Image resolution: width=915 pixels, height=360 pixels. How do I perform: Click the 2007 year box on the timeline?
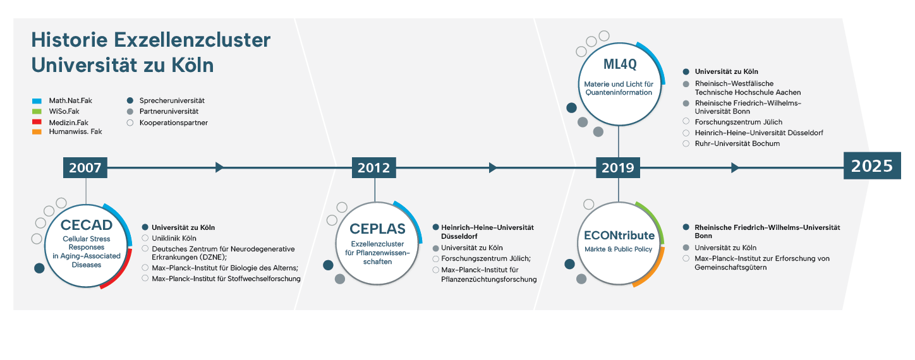(x=85, y=167)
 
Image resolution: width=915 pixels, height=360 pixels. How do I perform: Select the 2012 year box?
(x=373, y=167)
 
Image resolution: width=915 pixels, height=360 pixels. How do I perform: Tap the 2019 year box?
(x=617, y=167)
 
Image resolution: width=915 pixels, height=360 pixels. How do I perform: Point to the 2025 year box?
(x=872, y=165)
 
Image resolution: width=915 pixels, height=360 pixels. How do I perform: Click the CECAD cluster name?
(x=87, y=225)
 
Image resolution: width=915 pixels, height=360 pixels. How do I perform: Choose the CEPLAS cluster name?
(x=377, y=229)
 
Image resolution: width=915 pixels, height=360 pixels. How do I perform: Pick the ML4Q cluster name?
(x=620, y=64)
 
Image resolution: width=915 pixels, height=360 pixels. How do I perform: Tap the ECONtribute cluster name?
(x=619, y=236)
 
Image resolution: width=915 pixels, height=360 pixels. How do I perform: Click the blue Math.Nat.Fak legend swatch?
(x=37, y=101)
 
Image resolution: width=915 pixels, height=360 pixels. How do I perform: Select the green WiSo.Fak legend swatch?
(x=37, y=111)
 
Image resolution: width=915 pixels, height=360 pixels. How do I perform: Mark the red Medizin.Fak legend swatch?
(x=37, y=122)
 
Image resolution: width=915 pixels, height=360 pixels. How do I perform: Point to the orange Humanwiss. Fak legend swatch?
(x=37, y=132)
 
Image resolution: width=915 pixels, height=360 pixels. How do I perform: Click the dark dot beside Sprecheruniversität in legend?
(x=130, y=100)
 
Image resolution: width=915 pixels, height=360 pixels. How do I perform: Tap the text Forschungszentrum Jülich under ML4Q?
(x=739, y=122)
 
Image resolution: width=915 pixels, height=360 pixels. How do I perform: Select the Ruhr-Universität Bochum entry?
(x=737, y=143)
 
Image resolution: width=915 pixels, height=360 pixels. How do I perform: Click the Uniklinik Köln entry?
(x=174, y=238)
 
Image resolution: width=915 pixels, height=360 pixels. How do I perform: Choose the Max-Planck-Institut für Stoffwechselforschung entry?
(x=226, y=279)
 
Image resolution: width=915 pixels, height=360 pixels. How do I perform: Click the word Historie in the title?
(x=70, y=40)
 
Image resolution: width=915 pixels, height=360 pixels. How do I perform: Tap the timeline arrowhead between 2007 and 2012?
(x=220, y=167)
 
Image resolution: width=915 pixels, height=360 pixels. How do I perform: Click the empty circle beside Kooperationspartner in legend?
(x=130, y=123)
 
